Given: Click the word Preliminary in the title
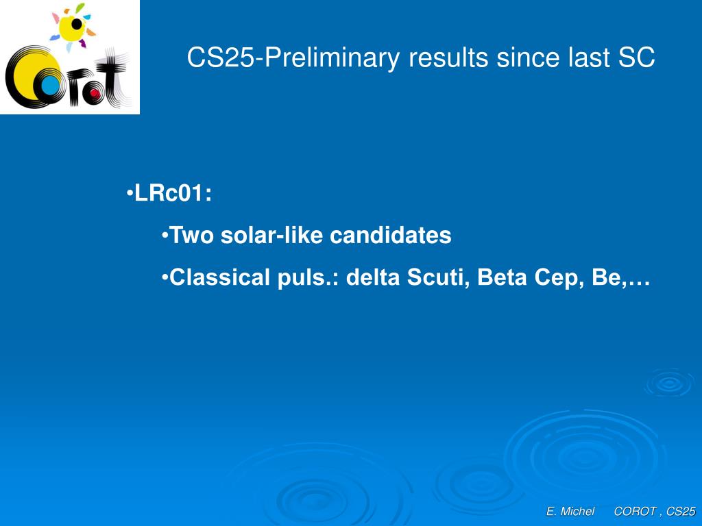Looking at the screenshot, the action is coord(332,59).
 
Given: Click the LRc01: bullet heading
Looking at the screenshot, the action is coord(173,194).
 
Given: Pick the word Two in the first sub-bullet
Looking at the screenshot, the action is coord(192,236).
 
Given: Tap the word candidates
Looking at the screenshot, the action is coord(390,236).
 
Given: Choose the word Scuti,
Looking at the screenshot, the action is coord(438,278).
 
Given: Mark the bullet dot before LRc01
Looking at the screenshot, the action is coord(130,194).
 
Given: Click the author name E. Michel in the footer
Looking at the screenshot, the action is coord(570,511).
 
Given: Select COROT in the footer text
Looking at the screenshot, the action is coord(636,511).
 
